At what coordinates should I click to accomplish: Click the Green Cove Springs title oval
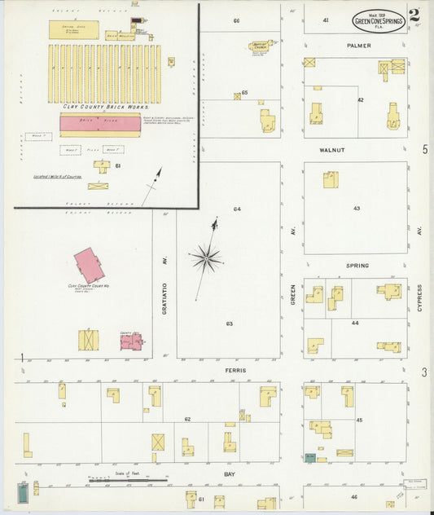[x=378, y=20]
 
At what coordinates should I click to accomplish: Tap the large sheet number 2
[x=414, y=15]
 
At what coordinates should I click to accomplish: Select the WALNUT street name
[x=356, y=150]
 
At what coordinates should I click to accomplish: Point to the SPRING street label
[x=357, y=266]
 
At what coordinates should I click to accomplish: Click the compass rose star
[x=207, y=258]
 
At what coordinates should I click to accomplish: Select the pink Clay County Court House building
[x=89, y=265]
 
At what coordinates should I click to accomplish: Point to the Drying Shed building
[x=74, y=30]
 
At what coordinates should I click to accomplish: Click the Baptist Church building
[x=261, y=46]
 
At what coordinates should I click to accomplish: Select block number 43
[x=356, y=209]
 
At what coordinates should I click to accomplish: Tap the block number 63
[x=230, y=324]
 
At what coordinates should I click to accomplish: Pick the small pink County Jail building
[x=130, y=341]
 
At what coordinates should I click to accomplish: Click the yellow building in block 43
[x=331, y=179]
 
